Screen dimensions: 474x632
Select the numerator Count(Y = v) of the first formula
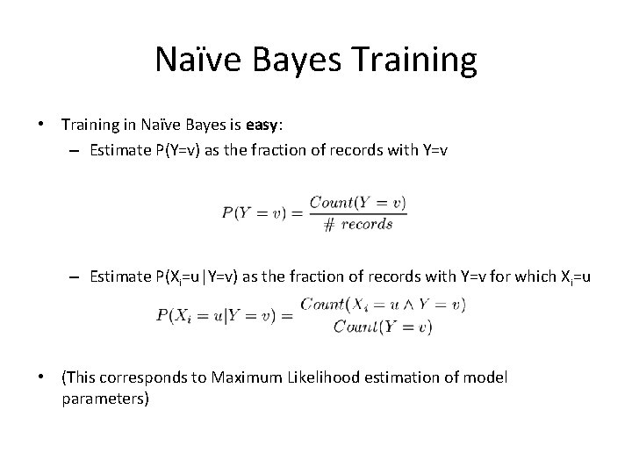click(x=363, y=204)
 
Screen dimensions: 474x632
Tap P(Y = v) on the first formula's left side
click(x=254, y=213)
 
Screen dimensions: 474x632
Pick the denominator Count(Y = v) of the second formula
click(x=383, y=328)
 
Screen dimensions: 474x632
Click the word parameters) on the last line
click(x=105, y=399)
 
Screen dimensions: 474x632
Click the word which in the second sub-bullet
click(x=545, y=276)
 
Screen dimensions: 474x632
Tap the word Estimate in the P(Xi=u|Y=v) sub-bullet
click(x=122, y=276)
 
